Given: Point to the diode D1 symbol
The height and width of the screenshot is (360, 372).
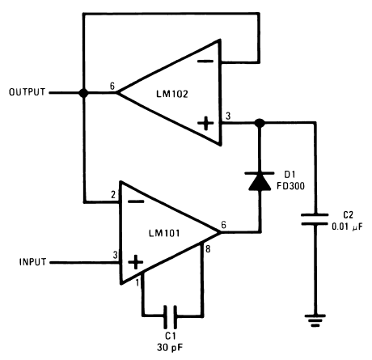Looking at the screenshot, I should tap(259, 181).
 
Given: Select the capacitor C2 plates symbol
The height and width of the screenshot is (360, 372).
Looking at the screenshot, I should tap(315, 219).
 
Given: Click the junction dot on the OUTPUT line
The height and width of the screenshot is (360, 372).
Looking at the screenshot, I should tap(83, 93).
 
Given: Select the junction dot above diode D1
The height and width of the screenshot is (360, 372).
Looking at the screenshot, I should tap(259, 124).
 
